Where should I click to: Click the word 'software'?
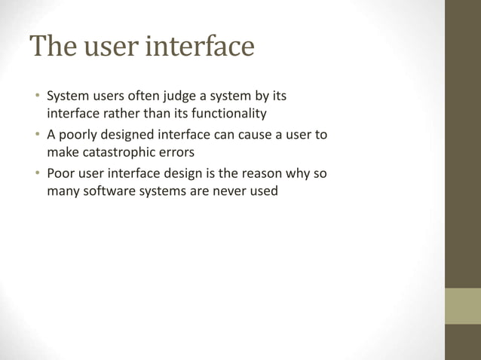105,191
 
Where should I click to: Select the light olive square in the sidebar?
462,306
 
